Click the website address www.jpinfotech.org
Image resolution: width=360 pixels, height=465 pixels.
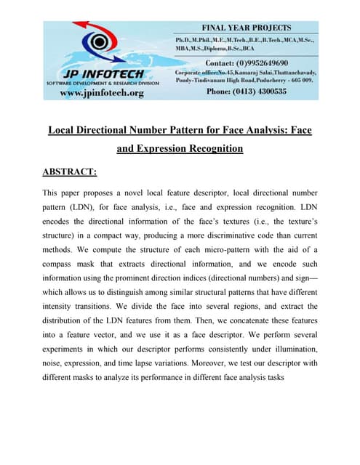pyautogui.click(x=101, y=92)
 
